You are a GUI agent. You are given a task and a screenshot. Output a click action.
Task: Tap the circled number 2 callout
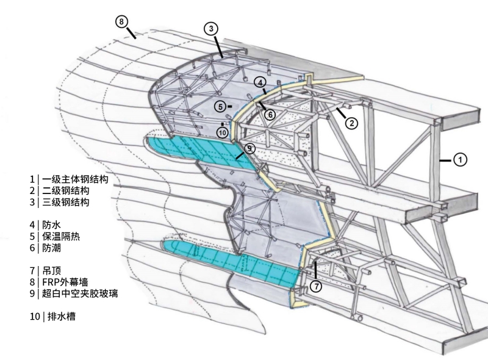351,122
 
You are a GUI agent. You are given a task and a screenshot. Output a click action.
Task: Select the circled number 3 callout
210,29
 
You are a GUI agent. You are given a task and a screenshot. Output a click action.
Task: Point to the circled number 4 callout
260,82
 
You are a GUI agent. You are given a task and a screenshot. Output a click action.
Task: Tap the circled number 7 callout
315,286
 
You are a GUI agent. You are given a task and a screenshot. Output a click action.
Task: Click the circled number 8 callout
122,22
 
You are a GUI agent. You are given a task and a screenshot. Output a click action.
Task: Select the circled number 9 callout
249,148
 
